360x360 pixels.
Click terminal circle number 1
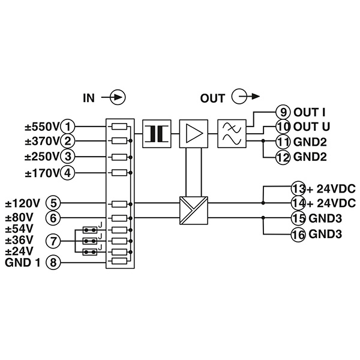[67, 127]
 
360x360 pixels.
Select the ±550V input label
[42, 127]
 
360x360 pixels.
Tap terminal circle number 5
[53, 203]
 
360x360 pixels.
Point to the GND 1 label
[23, 262]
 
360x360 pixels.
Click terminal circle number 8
[53, 262]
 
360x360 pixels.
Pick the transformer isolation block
[157, 134]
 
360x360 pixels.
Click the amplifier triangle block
[194, 134]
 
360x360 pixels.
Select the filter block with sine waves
[232, 134]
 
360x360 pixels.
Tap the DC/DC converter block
[194, 211]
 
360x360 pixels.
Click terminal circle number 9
[283, 112]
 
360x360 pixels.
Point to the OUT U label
[311, 127]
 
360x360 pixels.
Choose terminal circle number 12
[283, 157]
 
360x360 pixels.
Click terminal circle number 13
[298, 188]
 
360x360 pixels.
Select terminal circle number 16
[298, 235]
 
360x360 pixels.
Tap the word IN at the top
[89, 98]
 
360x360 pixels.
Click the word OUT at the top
[212, 98]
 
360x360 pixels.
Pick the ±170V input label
[42, 173]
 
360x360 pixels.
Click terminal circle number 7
[53, 241]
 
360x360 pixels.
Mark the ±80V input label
[19, 217]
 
